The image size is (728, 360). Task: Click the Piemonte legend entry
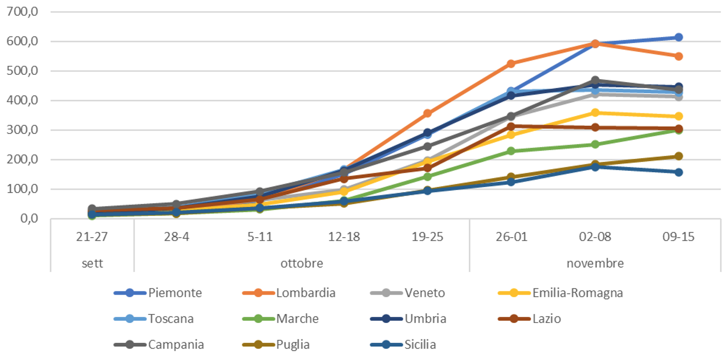point(175,293)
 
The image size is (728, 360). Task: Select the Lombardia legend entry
point(305,293)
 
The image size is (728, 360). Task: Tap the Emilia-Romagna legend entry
point(578,293)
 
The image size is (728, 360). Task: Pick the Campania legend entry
point(176,345)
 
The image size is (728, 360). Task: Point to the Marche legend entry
point(297,319)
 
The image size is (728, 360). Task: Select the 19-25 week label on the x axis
point(427,238)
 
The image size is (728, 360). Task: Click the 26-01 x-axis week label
point(511,238)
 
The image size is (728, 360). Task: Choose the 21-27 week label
point(92,238)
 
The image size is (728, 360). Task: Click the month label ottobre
point(302,264)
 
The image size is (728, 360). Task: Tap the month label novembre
point(595,264)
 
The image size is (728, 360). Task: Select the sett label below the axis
point(92,264)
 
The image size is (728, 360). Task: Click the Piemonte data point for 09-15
point(679,37)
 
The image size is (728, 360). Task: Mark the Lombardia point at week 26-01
point(511,64)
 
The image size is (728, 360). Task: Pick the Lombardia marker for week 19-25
point(427,114)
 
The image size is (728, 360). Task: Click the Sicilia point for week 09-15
point(679,172)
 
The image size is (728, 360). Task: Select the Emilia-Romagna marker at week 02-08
point(595,113)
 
